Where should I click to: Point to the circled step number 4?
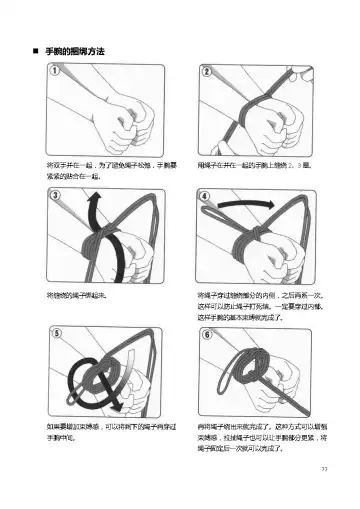(205, 195)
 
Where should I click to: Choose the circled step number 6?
(205, 332)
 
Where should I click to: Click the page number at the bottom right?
(323, 466)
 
